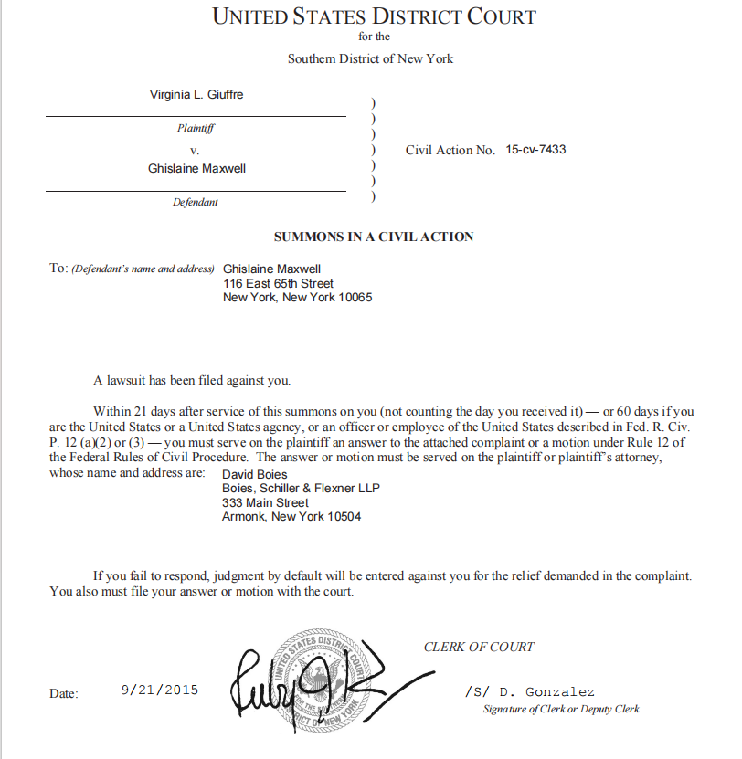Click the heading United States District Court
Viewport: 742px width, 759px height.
point(374,16)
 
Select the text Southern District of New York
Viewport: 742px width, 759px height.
point(370,59)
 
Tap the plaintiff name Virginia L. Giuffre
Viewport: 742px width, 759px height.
point(196,95)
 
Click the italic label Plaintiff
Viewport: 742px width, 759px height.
point(196,129)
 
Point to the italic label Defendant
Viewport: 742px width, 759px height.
point(196,202)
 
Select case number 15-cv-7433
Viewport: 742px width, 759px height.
point(535,149)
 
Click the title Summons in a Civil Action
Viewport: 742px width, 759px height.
point(374,237)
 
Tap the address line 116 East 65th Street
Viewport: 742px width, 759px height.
point(279,284)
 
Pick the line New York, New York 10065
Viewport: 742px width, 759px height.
point(297,298)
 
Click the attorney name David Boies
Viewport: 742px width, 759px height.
point(255,475)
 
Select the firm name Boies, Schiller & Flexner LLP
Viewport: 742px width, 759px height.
point(301,489)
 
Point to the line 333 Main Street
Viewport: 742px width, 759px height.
point(265,502)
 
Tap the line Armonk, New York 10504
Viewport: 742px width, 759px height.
point(291,516)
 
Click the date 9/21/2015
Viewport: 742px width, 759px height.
point(159,690)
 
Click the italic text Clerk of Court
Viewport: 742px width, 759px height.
point(478,647)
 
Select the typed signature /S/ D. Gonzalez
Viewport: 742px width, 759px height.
point(529,691)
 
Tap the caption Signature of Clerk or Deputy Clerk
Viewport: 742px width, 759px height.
point(561,709)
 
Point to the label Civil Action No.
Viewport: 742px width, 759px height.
point(450,150)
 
